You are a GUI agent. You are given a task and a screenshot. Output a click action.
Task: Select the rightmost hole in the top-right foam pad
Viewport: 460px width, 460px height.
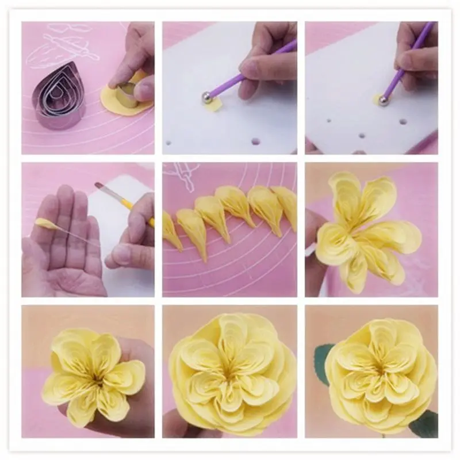(x=402, y=122)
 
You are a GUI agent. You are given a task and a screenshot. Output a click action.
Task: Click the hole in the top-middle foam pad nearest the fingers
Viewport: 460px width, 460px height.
(x=255, y=141)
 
